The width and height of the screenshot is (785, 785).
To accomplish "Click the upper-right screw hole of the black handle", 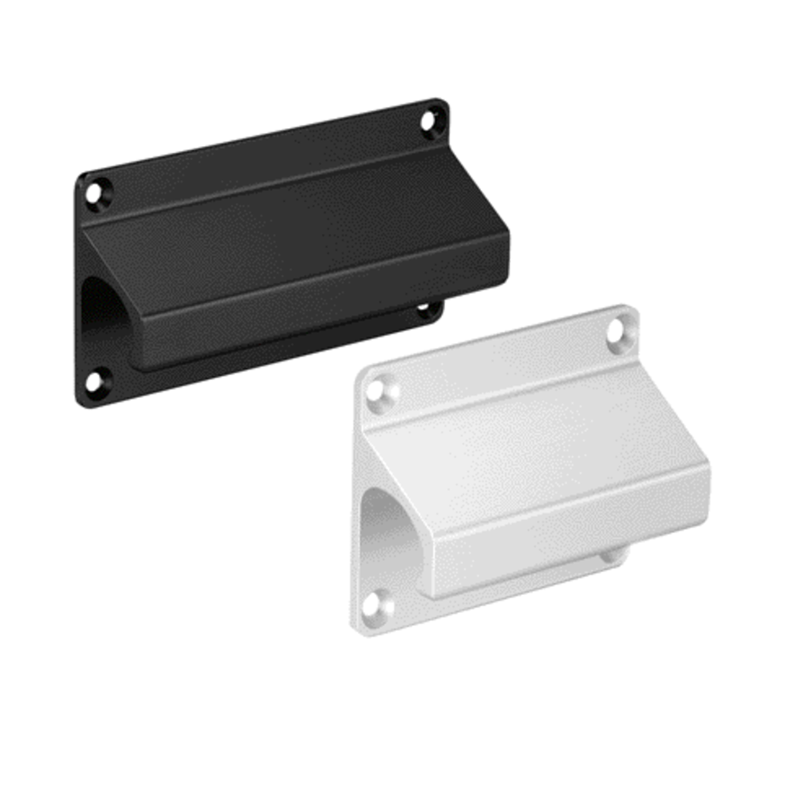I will (429, 122).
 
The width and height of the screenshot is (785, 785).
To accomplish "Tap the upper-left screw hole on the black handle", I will (96, 192).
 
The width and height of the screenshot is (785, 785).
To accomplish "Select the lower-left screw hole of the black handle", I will (93, 383).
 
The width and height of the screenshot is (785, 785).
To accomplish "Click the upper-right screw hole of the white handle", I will (616, 330).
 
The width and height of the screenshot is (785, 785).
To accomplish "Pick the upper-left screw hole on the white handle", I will (377, 390).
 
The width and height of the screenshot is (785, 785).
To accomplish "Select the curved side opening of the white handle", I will (389, 534).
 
